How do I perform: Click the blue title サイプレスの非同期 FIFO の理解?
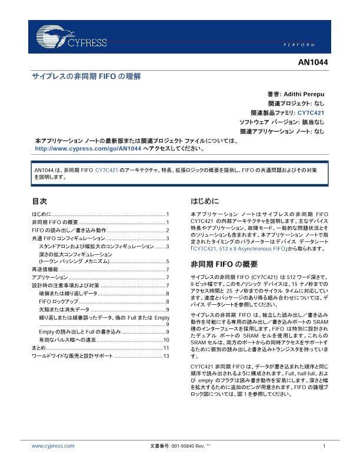(86, 76)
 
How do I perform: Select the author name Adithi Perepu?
(304, 94)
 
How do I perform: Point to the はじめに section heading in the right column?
(205, 200)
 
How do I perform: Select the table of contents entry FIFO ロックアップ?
(58, 301)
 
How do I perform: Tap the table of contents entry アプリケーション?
(50, 277)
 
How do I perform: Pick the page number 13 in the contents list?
(166, 357)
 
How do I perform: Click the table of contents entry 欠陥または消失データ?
(64, 309)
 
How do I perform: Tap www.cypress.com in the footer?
(53, 446)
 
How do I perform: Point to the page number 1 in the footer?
(324, 446)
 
